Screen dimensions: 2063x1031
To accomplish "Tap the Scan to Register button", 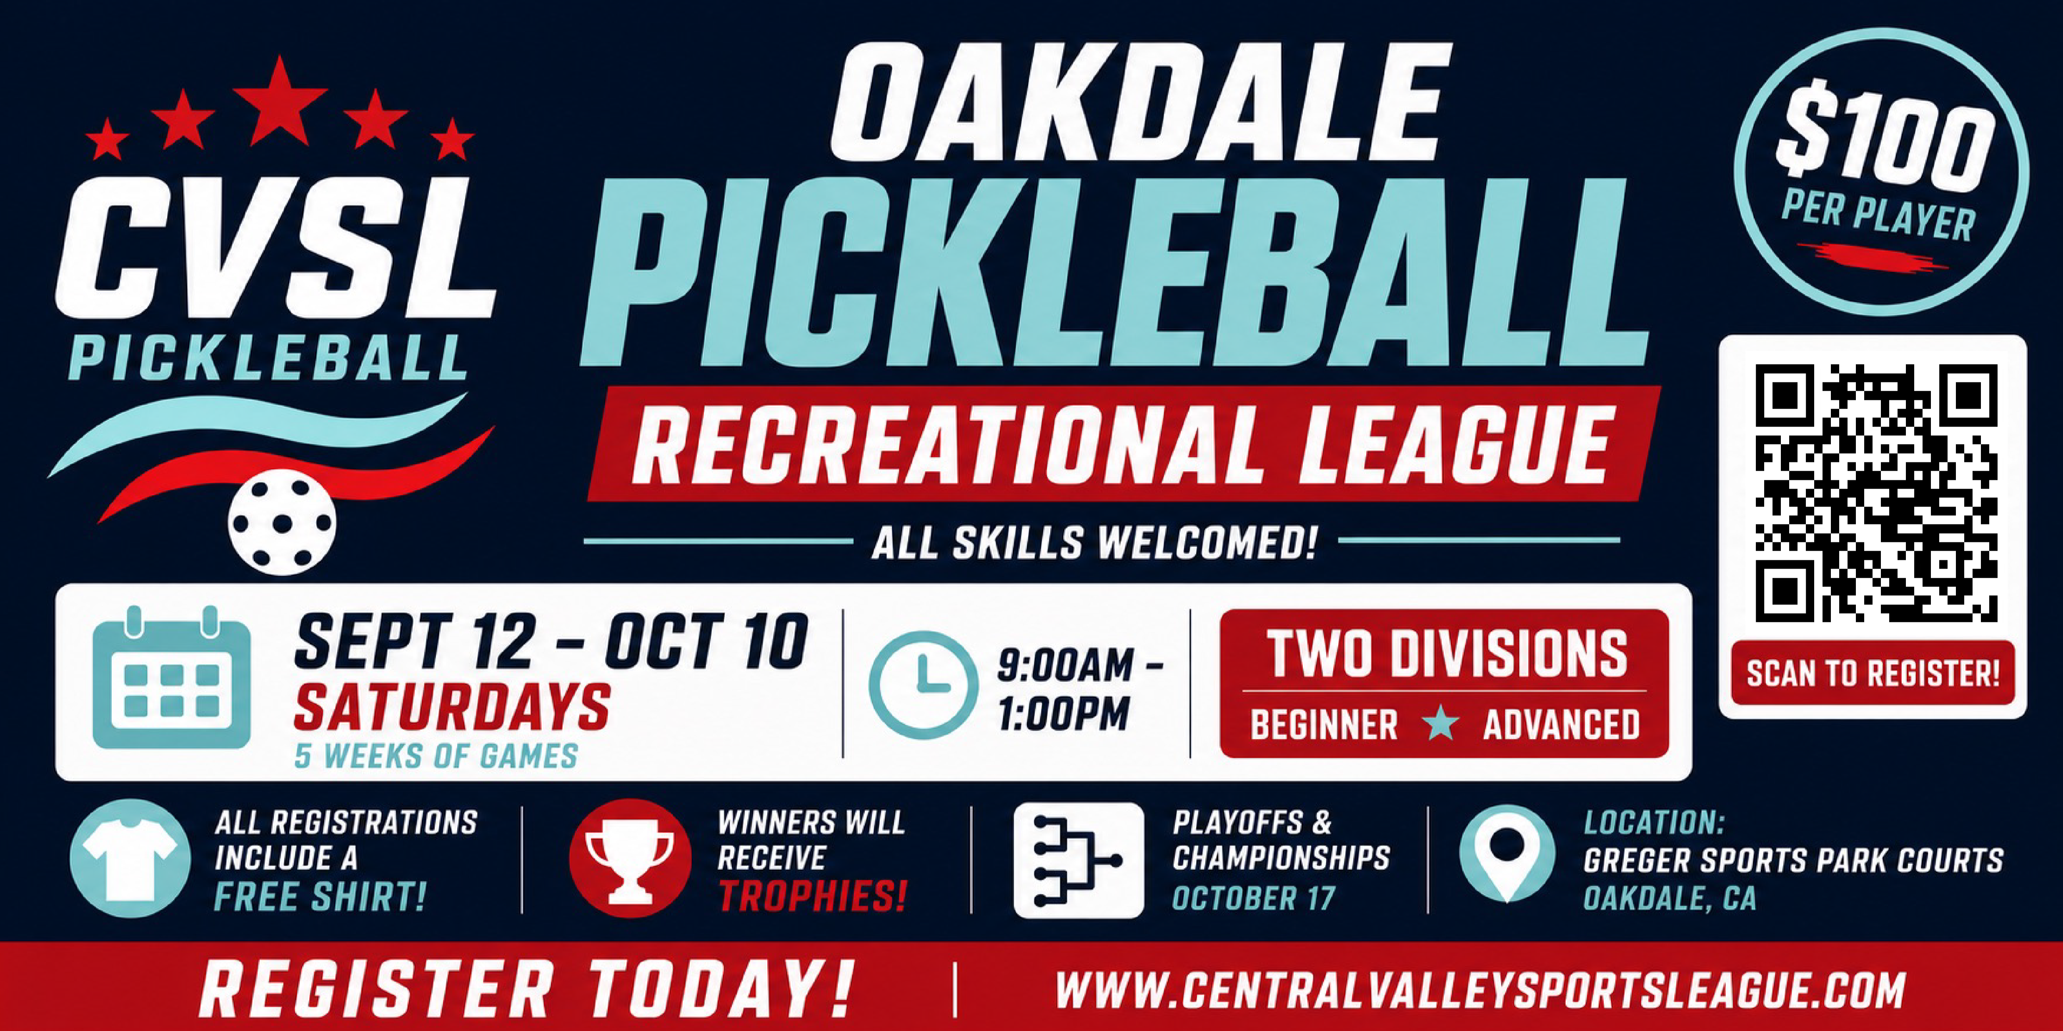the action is (x=1873, y=673).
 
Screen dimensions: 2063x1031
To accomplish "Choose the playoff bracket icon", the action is (x=1078, y=861).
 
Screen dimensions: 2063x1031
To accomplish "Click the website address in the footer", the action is (x=1480, y=989).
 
